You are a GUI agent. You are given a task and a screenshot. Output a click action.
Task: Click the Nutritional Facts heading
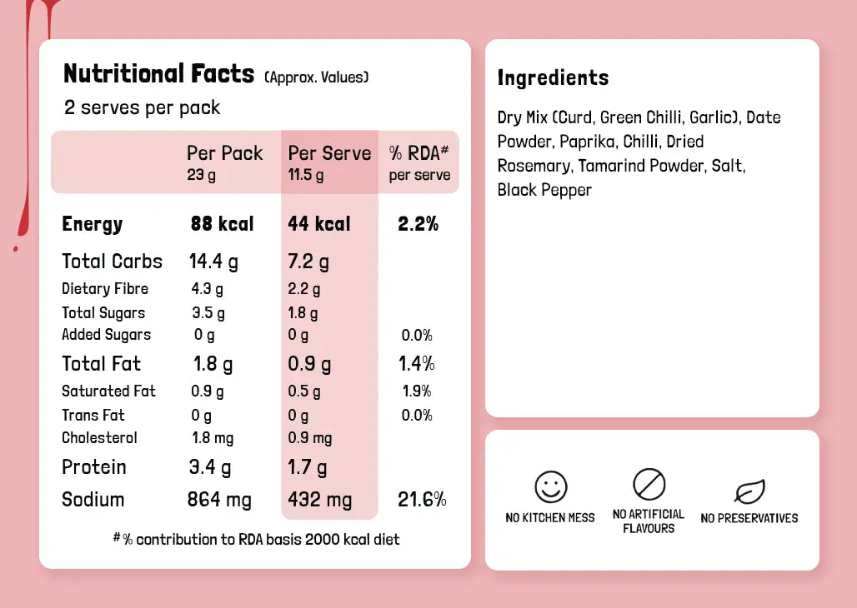pyautogui.click(x=158, y=74)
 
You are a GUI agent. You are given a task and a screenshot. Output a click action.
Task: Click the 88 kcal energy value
pyautogui.click(x=222, y=224)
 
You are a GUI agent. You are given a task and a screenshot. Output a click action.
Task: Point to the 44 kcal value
pyautogui.click(x=319, y=224)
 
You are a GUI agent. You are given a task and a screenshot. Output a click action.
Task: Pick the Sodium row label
pyautogui.click(x=93, y=500)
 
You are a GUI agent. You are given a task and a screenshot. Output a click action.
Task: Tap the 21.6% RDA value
pyautogui.click(x=422, y=500)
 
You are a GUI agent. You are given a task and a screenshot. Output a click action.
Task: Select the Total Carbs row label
pyautogui.click(x=112, y=262)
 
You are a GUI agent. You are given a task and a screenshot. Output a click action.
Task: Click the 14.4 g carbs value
pyautogui.click(x=213, y=262)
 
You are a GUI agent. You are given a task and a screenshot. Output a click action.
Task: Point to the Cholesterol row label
pyautogui.click(x=99, y=438)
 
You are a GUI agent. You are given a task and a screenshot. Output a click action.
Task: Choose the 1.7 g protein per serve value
pyautogui.click(x=308, y=467)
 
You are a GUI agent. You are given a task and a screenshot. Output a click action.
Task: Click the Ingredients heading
pyautogui.click(x=553, y=78)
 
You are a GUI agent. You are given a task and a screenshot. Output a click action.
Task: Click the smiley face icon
pyautogui.click(x=550, y=486)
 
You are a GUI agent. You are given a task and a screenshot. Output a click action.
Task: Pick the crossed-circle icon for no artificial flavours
pyautogui.click(x=649, y=484)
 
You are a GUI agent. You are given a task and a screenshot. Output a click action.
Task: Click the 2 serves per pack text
pyautogui.click(x=143, y=107)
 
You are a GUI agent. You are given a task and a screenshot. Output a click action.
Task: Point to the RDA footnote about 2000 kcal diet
pyautogui.click(x=257, y=540)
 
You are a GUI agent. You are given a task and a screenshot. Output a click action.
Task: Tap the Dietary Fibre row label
pyautogui.click(x=105, y=289)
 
